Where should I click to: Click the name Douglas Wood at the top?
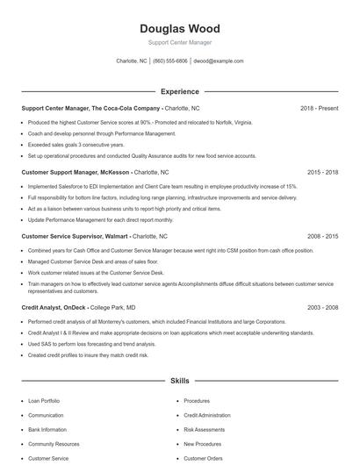coord(179,28)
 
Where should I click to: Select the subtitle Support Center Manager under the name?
coord(179,42)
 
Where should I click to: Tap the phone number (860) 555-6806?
coord(170,61)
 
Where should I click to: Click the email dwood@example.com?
coord(219,61)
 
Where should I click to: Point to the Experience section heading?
coord(179,91)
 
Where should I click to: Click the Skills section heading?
coord(179,382)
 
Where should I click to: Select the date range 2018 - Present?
coord(320,108)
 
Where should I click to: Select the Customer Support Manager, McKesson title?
coord(76,173)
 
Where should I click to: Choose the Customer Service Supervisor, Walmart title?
coord(75,237)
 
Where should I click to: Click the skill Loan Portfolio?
coord(45,401)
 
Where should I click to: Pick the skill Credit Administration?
coord(207,415)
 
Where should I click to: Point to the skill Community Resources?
coord(54,444)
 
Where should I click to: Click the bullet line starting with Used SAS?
coord(91,344)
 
